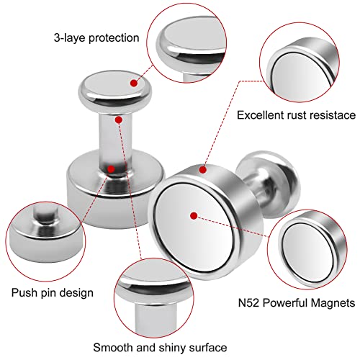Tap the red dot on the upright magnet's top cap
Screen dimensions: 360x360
click(x=134, y=83)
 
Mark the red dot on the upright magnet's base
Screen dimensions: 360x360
click(x=109, y=168)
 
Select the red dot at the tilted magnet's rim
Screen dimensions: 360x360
click(x=204, y=170)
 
